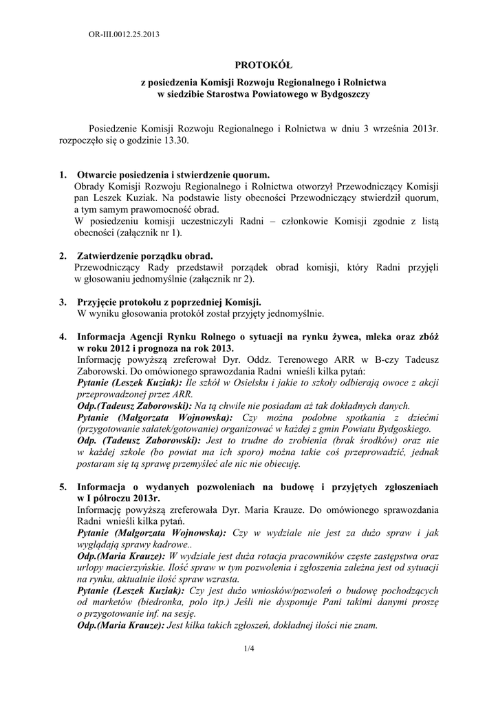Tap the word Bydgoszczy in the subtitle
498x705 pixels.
click(x=345, y=94)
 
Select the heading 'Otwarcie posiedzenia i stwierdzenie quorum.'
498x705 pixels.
click(x=173, y=176)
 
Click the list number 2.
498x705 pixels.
click(x=63, y=255)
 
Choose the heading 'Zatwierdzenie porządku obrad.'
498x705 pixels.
click(x=144, y=255)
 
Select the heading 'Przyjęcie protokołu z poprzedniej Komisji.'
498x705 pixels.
click(x=169, y=302)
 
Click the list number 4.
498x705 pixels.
click(x=63, y=337)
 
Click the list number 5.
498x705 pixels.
click(x=63, y=487)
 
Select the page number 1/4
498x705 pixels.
click(x=249, y=649)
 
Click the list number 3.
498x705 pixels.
click(x=63, y=302)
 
